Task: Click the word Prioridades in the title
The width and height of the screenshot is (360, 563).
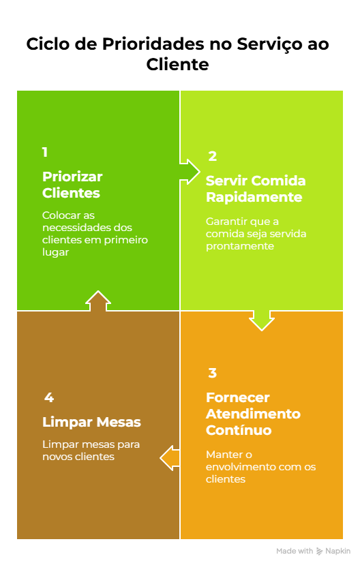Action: point(153,44)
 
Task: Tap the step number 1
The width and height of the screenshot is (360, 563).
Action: point(44,152)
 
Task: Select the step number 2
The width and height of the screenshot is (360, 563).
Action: point(212,156)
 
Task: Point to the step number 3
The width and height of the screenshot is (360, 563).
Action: point(212,373)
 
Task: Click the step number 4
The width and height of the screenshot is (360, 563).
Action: point(49,397)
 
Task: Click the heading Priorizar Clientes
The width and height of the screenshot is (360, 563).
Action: point(72,185)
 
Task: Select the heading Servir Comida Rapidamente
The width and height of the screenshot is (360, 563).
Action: point(256,189)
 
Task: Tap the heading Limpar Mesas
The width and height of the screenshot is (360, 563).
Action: point(91,422)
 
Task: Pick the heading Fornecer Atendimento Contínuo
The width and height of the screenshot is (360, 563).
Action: point(253,414)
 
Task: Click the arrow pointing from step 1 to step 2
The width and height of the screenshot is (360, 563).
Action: point(190,172)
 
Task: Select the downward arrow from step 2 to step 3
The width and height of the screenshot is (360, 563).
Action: point(262,320)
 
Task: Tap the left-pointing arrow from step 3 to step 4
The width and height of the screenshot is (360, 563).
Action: point(170,458)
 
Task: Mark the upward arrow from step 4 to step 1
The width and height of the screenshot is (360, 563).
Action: point(98,301)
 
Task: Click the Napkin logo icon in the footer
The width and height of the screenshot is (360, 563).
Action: point(319,551)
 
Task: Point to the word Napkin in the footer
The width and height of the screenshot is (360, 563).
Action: point(337,551)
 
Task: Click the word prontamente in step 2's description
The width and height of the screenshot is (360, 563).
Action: point(239,246)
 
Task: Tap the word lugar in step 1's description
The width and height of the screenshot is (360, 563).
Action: point(55,252)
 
